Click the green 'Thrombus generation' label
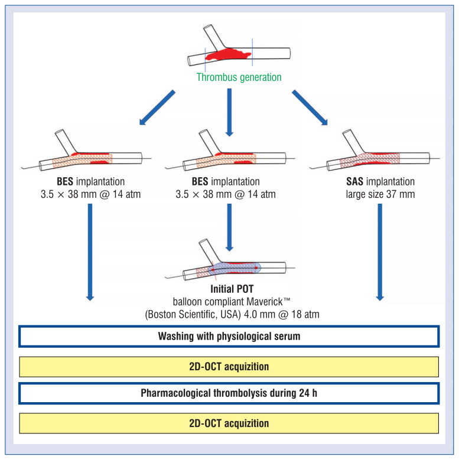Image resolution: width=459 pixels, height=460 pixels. (x=239, y=77)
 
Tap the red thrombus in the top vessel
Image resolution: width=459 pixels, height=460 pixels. (x=228, y=54)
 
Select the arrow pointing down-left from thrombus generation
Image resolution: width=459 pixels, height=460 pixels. (x=157, y=107)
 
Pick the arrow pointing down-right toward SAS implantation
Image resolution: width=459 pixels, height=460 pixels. (x=310, y=107)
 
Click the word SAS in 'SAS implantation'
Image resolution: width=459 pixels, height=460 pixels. (x=354, y=182)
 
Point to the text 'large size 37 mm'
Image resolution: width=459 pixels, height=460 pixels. (x=380, y=194)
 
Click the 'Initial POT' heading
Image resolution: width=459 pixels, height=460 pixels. (x=232, y=289)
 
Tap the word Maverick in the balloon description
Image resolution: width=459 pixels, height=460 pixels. (x=265, y=302)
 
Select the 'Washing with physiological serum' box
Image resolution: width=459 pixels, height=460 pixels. (x=229, y=336)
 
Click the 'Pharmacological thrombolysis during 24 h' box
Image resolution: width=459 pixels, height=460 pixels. (x=229, y=393)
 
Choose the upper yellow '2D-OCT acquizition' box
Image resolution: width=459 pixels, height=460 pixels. (x=229, y=367)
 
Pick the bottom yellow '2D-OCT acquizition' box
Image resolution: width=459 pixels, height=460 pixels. (x=229, y=423)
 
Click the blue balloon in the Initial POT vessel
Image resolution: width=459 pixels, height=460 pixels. (x=234, y=268)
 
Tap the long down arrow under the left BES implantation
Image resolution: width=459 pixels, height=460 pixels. (x=90, y=252)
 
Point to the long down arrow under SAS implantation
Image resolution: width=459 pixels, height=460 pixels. (x=380, y=252)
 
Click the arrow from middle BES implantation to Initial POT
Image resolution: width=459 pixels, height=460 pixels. (x=229, y=228)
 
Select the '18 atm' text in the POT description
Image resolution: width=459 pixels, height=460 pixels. (x=305, y=315)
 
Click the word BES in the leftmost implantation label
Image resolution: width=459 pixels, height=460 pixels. (x=65, y=182)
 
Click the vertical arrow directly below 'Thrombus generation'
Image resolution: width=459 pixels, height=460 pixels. (x=229, y=112)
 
